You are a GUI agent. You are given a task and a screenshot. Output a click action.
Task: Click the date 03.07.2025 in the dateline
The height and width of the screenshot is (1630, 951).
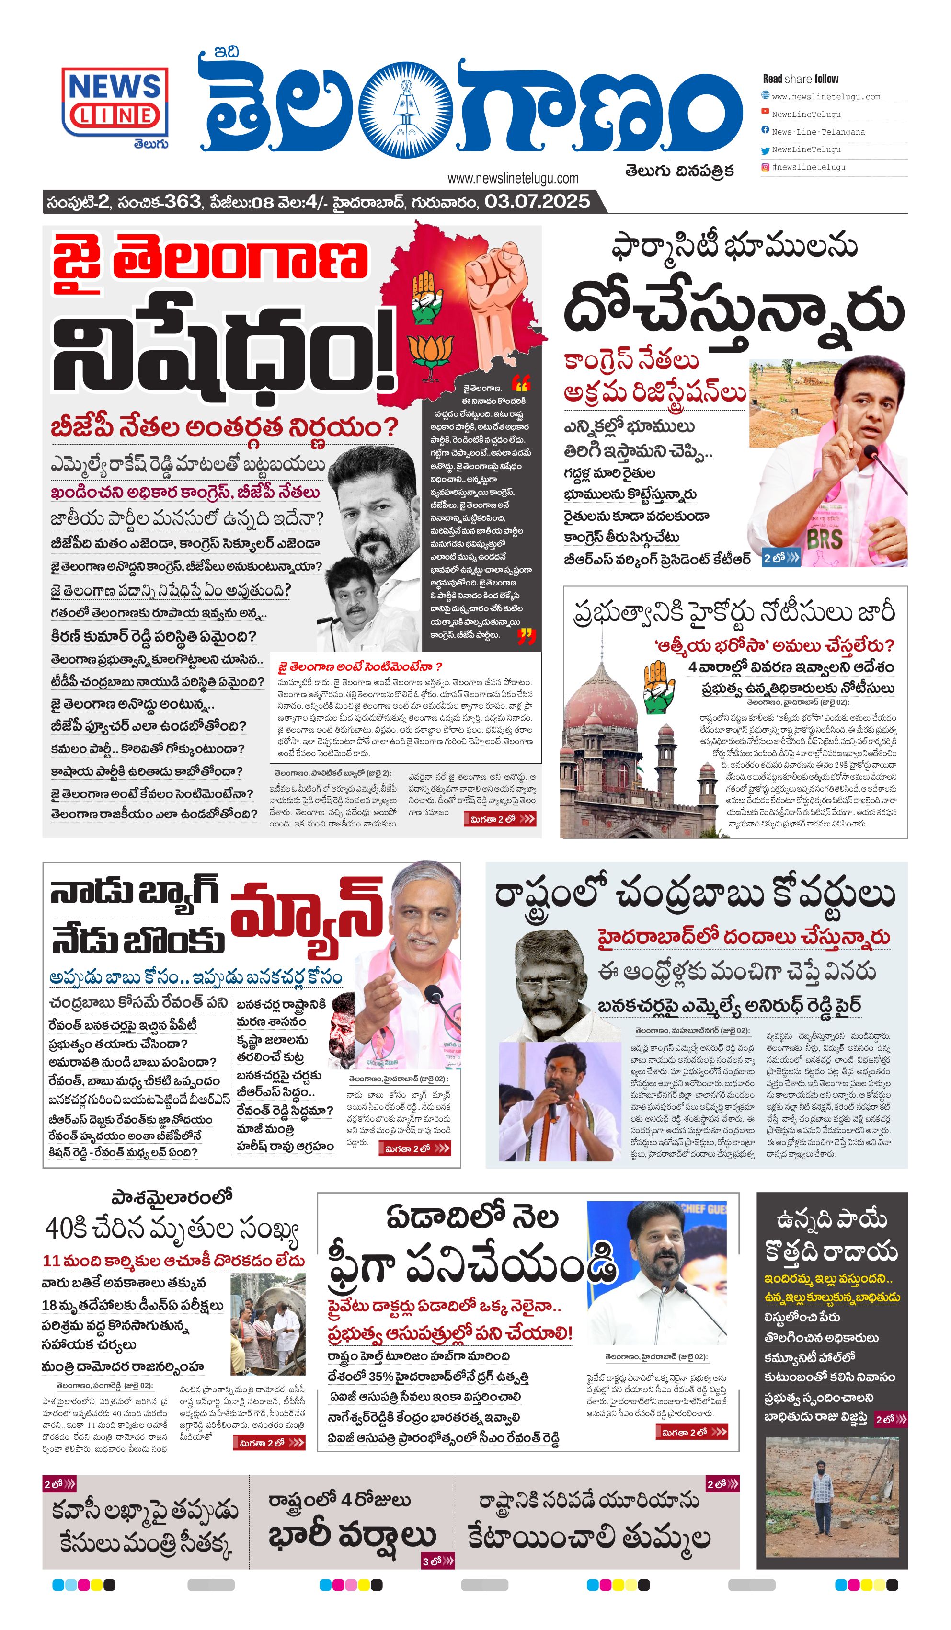537,201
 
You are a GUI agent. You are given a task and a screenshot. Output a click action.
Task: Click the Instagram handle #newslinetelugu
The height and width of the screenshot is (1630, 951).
809,167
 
